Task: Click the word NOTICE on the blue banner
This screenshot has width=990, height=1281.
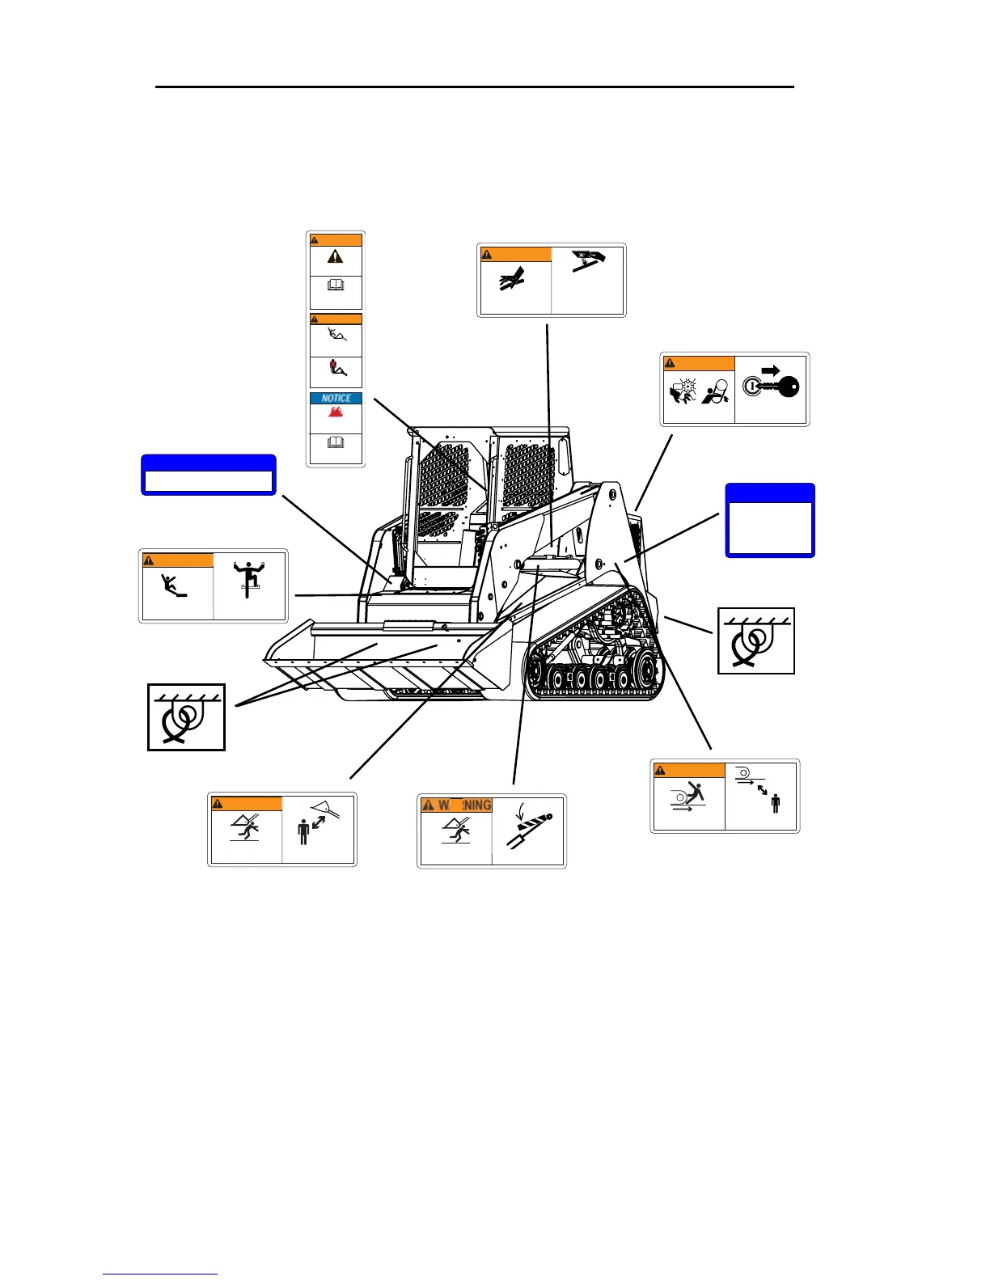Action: click(x=336, y=398)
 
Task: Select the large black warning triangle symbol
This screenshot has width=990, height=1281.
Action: click(x=335, y=256)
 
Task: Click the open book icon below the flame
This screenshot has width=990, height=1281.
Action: click(x=335, y=442)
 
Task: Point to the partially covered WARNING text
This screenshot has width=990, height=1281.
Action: click(x=457, y=805)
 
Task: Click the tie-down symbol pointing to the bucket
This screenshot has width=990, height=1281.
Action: click(x=186, y=717)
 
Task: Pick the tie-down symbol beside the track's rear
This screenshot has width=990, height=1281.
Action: click(x=756, y=640)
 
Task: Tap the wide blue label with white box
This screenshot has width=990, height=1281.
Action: click(x=209, y=475)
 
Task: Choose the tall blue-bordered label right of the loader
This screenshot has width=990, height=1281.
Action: click(x=769, y=521)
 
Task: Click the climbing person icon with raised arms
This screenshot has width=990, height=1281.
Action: click(x=250, y=579)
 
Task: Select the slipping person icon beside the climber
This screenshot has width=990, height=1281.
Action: click(x=174, y=585)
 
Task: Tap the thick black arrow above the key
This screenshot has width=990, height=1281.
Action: click(x=770, y=370)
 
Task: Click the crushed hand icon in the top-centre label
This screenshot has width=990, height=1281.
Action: click(x=513, y=280)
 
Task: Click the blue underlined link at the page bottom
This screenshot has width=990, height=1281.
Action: click(x=160, y=1274)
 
